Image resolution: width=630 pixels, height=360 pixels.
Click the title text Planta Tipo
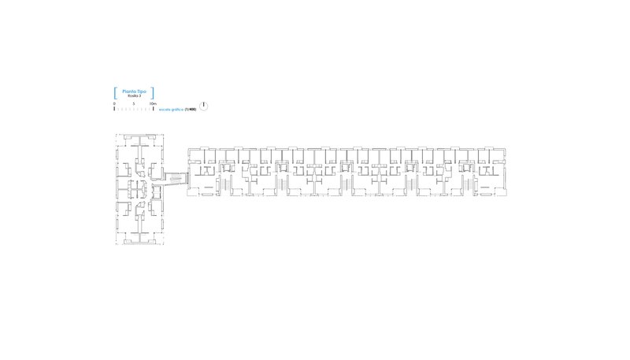click(x=134, y=91)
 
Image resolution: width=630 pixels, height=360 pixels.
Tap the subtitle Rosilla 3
click(x=134, y=95)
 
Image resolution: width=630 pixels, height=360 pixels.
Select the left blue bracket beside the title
click(x=116, y=92)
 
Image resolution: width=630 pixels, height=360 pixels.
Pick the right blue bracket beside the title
click(x=152, y=92)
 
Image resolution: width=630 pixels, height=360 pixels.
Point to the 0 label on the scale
click(x=114, y=103)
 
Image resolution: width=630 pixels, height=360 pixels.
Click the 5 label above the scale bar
click(x=134, y=103)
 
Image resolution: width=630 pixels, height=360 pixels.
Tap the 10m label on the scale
click(x=154, y=103)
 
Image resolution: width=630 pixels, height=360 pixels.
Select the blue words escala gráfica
click(x=172, y=109)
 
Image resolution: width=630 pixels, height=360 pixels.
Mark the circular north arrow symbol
click(x=204, y=106)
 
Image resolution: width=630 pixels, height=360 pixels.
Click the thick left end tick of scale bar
click(x=114, y=109)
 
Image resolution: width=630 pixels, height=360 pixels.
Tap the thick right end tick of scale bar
click(x=153, y=109)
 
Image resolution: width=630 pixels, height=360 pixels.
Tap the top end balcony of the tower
click(x=139, y=140)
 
